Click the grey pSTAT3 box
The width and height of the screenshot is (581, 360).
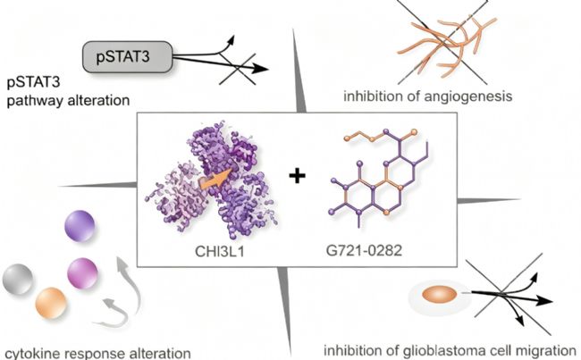[128, 56]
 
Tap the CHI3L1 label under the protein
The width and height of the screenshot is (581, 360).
[219, 252]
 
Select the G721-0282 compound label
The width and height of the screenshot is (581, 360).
[364, 251]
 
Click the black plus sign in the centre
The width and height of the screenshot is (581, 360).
[297, 176]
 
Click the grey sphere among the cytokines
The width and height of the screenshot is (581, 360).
[17, 280]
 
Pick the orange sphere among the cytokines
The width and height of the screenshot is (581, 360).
[51, 303]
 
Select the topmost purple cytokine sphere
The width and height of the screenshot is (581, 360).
[80, 225]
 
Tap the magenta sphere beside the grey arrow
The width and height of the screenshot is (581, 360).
[82, 273]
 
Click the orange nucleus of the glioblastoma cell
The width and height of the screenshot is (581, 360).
[440, 295]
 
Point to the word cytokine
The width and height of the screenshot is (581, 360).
[30, 353]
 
